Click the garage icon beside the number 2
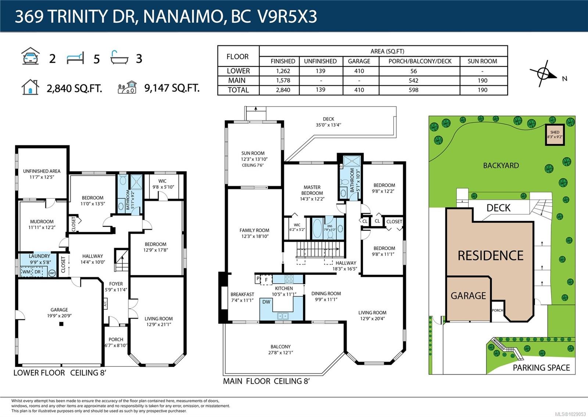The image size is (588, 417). (31, 57)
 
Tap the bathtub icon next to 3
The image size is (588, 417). (119, 58)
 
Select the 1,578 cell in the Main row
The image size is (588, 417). (283, 80)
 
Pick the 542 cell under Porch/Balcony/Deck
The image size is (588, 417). (413, 80)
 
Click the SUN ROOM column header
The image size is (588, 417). (482, 61)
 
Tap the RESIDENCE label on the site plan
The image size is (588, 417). (490, 256)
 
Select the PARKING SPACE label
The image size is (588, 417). (541, 368)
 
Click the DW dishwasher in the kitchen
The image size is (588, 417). (266, 302)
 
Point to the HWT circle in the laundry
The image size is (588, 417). (52, 273)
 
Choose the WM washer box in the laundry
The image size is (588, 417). (26, 272)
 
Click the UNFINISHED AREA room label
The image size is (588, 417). (42, 174)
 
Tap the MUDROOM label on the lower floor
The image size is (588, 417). (42, 224)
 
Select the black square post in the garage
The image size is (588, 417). (61, 324)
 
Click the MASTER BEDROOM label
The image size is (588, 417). (312, 193)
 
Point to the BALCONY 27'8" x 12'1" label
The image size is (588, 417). (280, 349)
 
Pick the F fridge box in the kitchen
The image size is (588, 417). (266, 280)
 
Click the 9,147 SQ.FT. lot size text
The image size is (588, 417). (172, 88)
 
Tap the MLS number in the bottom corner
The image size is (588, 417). (570, 414)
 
